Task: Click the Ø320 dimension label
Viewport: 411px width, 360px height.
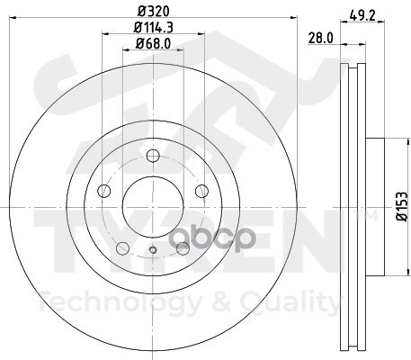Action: pyautogui.click(x=154, y=12)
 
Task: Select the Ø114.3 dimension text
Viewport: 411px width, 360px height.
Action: pyautogui.click(x=154, y=28)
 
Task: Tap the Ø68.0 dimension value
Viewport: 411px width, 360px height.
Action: pyautogui.click(x=153, y=44)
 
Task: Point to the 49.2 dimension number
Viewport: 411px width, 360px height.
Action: pyautogui.click(x=362, y=15)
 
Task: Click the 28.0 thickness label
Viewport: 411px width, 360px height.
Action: pyautogui.click(x=321, y=38)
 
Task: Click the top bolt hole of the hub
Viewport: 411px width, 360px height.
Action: pyautogui.click(x=153, y=156)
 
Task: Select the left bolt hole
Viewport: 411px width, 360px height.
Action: pyautogui.click(x=104, y=191)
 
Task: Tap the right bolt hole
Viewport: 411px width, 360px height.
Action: pyautogui.click(x=201, y=191)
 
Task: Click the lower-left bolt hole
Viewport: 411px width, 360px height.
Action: pyautogui.click(x=122, y=248)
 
